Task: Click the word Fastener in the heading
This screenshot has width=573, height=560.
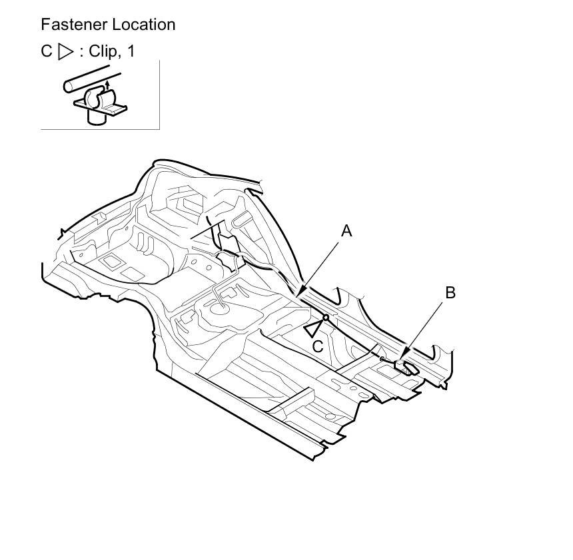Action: pos(74,25)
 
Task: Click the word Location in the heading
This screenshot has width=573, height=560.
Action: pos(144,25)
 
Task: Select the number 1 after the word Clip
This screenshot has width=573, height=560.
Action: pos(131,51)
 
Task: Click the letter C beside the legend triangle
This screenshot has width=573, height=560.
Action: pos(47,51)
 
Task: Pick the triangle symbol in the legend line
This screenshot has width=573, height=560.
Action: pos(65,51)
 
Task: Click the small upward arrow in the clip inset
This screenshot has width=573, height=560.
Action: pos(107,87)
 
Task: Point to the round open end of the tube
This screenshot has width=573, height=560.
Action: pos(69,87)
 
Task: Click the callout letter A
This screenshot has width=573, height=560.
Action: pos(346,231)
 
